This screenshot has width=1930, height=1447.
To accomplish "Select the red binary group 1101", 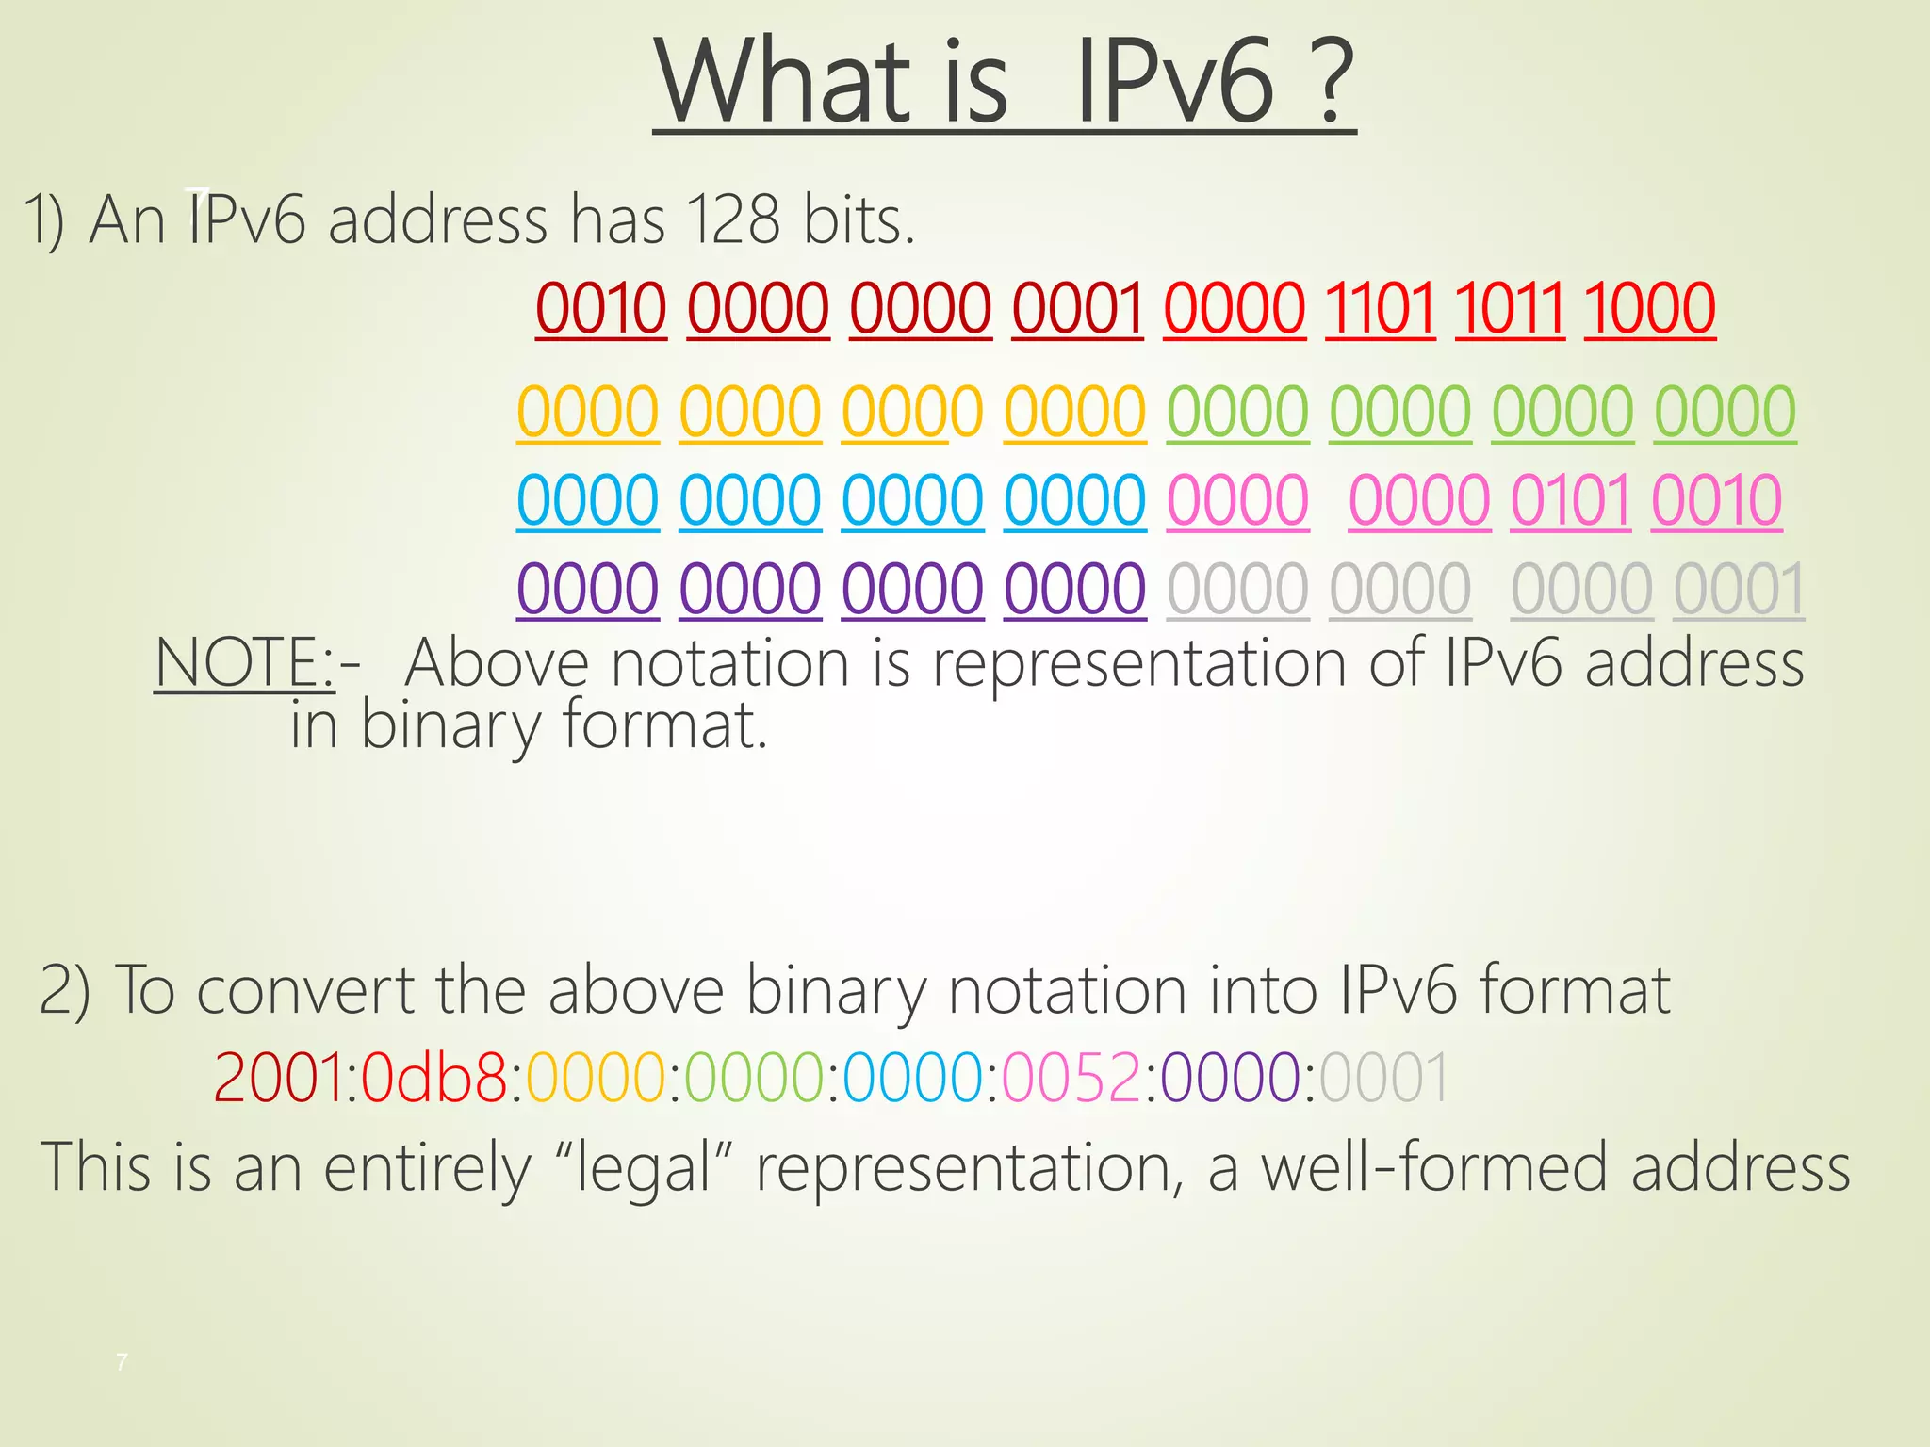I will click(x=1380, y=308).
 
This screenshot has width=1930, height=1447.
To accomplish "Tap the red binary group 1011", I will click(x=1510, y=308).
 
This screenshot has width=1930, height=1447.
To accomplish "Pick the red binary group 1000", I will click(x=1649, y=308).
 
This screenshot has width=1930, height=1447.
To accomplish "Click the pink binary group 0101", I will click(x=1570, y=500).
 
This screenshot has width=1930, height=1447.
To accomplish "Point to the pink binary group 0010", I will click(x=1716, y=500).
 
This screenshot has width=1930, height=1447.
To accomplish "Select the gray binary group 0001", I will click(x=1739, y=590).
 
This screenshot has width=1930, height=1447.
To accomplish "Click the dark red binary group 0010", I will click(x=601, y=308).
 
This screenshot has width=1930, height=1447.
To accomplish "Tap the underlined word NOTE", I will click(x=238, y=662).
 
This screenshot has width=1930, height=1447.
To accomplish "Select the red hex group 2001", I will click(x=278, y=1077).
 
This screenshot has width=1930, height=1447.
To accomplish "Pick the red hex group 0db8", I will click(x=433, y=1077).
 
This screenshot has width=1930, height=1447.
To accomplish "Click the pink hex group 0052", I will click(x=1072, y=1077).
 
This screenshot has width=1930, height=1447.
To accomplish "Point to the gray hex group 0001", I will click(x=1384, y=1077).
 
